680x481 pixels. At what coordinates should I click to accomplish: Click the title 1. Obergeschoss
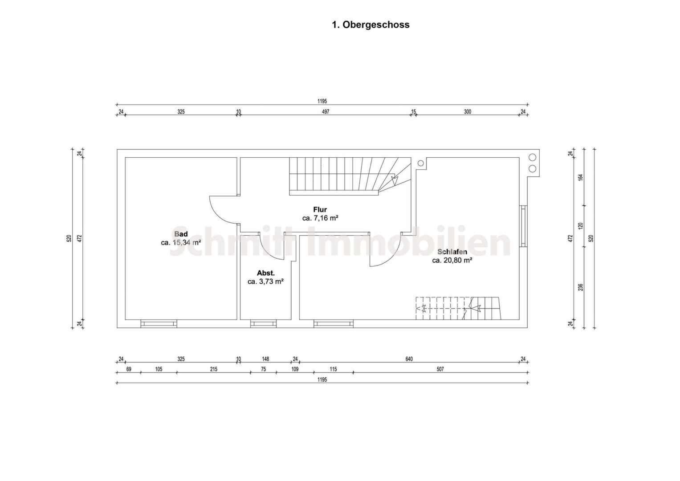371,24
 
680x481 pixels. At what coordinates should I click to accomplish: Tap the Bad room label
181,234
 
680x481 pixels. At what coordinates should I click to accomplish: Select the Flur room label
320,209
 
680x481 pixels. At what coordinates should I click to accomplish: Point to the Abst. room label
265,273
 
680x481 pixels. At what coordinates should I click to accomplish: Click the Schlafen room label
452,252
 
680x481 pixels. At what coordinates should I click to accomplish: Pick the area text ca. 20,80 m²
452,260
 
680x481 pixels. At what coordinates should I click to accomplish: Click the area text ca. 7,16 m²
320,218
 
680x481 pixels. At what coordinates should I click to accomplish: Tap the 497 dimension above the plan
326,112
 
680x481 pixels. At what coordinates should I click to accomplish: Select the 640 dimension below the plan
409,359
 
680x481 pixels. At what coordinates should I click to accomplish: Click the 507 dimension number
440,369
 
